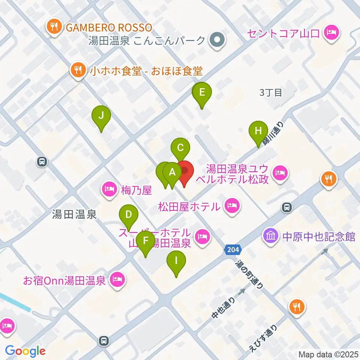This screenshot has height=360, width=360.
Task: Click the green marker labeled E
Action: coord(202,93)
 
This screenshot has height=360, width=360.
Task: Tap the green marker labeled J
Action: coord(101,116)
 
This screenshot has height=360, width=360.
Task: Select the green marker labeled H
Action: coord(258,131)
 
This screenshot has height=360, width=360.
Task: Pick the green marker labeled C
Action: coord(180,147)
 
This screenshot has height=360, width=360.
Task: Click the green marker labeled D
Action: coord(129,215)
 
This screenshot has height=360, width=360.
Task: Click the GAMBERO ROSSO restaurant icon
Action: coord(54,27)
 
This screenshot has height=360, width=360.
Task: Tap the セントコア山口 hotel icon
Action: coord(331,33)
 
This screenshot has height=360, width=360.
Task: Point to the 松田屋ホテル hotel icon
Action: coord(232,206)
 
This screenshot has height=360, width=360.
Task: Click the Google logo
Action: coord(25,351)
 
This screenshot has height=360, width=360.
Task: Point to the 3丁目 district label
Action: coord(271,93)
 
